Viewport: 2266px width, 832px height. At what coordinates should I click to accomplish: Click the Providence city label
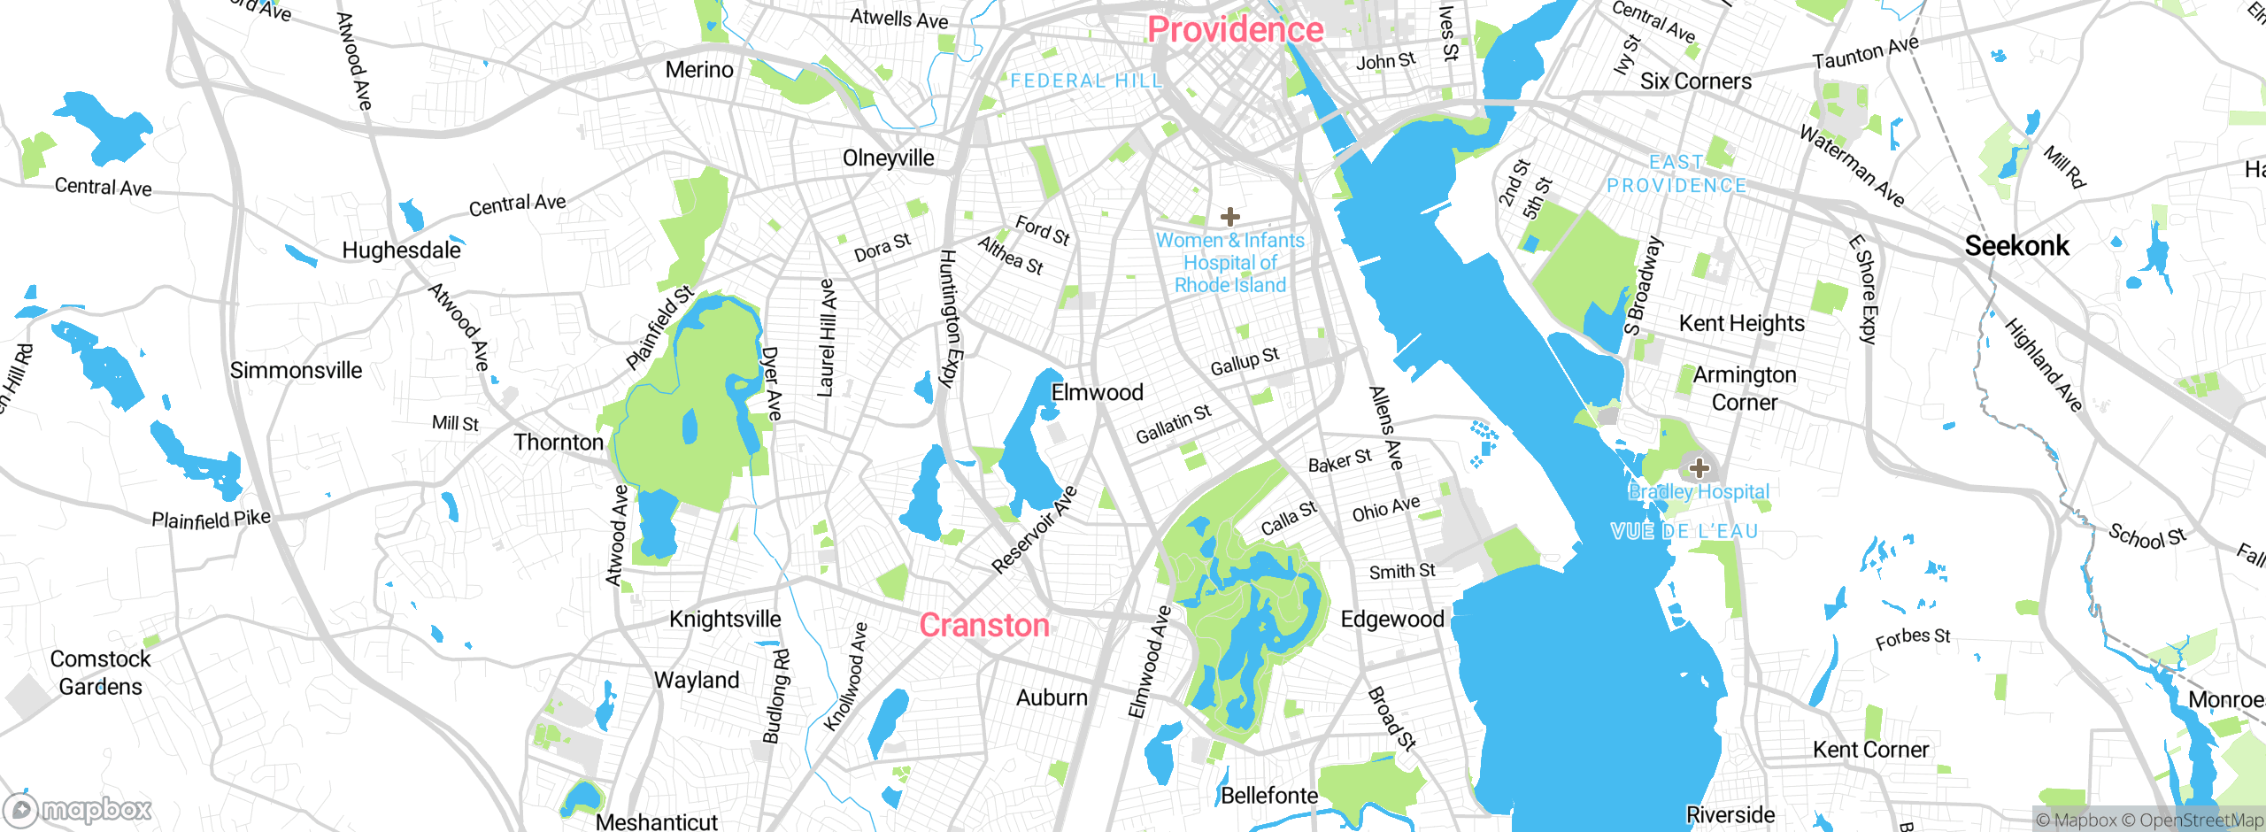click(1235, 30)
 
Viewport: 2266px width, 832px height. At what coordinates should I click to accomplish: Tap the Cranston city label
click(984, 626)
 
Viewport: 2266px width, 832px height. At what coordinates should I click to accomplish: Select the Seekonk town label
click(2016, 246)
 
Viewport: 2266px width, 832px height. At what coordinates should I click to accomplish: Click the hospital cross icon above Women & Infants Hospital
click(1229, 217)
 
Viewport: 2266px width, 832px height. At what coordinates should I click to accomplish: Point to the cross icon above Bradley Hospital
click(1699, 467)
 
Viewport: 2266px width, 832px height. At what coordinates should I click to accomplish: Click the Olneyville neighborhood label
click(888, 158)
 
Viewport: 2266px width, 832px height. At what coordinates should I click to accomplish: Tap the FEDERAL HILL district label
click(1086, 81)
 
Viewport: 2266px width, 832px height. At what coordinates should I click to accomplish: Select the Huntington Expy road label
click(949, 319)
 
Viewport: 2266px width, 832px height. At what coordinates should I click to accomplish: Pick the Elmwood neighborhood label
click(1097, 392)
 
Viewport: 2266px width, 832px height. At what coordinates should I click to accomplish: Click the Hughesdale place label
click(401, 250)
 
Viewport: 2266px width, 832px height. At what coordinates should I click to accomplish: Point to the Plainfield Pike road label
click(211, 519)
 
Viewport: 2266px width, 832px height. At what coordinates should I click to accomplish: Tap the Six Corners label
click(1695, 81)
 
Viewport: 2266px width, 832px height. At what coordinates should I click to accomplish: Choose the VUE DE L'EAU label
click(1684, 531)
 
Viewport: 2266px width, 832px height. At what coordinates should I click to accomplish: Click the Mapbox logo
click(78, 809)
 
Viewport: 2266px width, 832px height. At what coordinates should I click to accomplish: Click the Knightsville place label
click(725, 619)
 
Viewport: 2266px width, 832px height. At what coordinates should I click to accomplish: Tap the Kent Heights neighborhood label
click(1741, 324)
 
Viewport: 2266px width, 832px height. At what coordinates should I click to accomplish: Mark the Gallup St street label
click(1245, 361)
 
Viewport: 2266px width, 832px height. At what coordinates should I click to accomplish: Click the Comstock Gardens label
click(100, 673)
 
